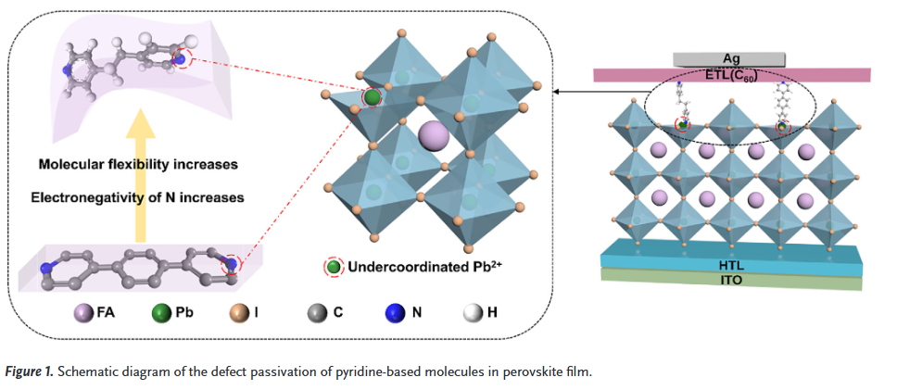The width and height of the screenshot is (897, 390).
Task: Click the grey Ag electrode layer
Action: click(x=732, y=57)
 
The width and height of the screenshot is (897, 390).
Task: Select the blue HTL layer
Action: click(x=732, y=252)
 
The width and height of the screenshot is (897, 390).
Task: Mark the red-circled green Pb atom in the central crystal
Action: click(x=372, y=97)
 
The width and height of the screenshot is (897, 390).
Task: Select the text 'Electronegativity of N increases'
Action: click(x=135, y=197)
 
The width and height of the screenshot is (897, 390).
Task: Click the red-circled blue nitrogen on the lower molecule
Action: click(x=230, y=266)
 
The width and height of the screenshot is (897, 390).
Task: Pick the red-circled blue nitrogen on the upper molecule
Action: click(x=180, y=61)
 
